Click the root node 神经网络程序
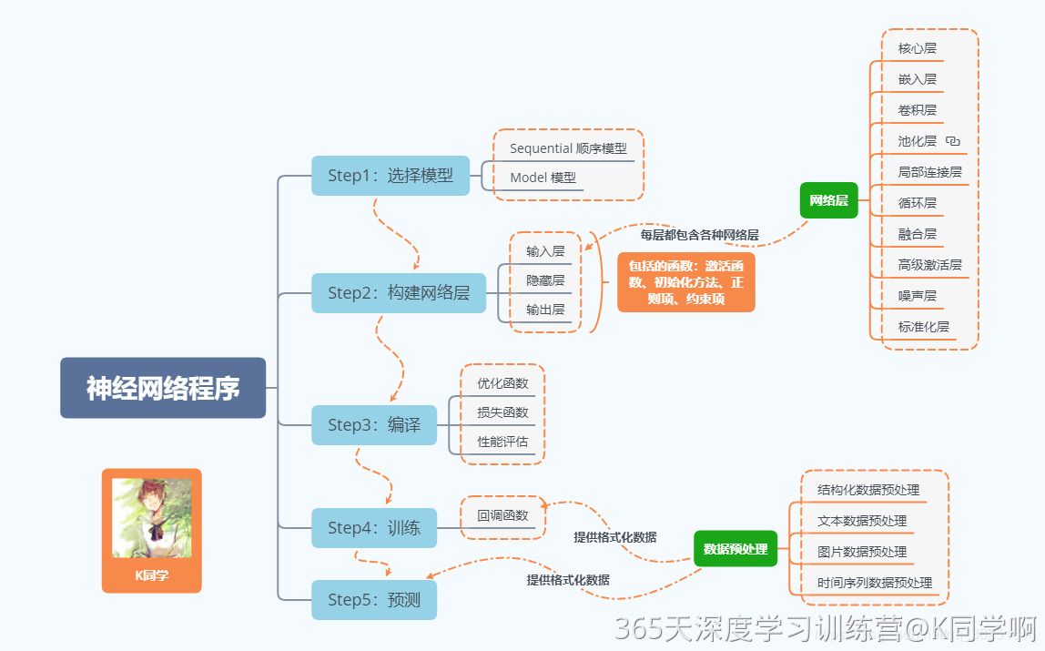[163, 388]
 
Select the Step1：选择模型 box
[391, 176]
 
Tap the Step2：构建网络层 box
[399, 293]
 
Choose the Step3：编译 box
[374, 425]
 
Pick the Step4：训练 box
[374, 528]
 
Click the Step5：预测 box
[374, 600]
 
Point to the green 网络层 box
[828, 200]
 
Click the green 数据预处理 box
[736, 549]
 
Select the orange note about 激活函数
[686, 282]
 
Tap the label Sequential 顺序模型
[568, 148]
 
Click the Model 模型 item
[543, 178]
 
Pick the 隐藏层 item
[545, 280]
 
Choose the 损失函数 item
[502, 412]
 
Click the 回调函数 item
[502, 515]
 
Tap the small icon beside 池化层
[953, 141]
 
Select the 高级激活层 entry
[929, 265]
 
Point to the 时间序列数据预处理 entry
[875, 583]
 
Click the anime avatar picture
[152, 518]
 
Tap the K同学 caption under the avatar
[152, 575]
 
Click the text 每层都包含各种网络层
[699, 235]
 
